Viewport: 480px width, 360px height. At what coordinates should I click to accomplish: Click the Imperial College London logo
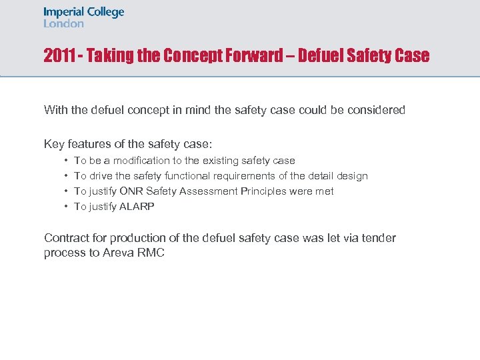[x=84, y=17]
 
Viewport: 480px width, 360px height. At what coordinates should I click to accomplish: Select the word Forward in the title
[x=255, y=56]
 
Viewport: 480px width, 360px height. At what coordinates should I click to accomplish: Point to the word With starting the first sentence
[x=56, y=110]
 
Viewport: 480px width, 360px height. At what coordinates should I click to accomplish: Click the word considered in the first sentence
[x=374, y=110]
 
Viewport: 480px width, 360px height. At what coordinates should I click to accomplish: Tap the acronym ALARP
[x=137, y=207]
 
